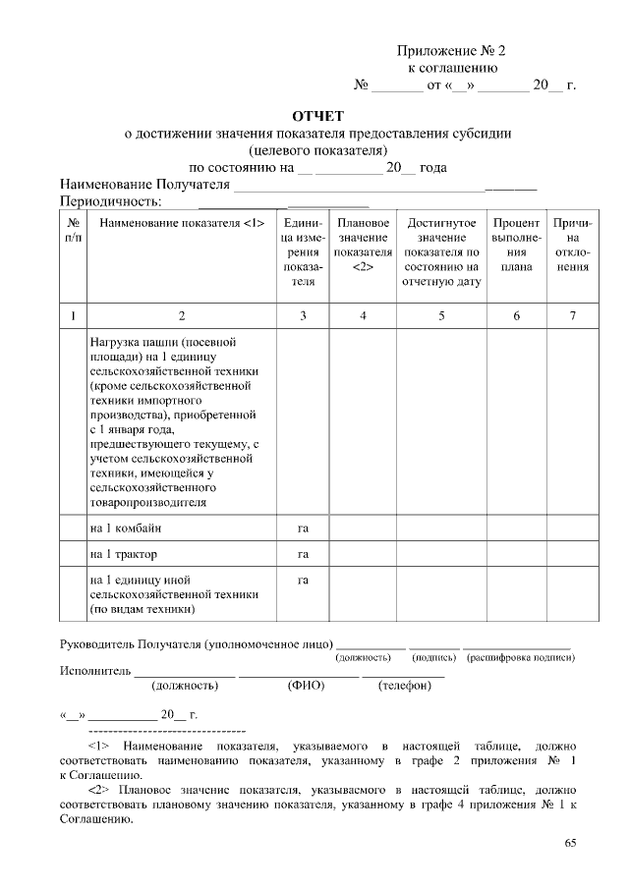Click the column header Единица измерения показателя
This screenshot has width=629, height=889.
(303, 251)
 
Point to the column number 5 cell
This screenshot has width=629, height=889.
(441, 315)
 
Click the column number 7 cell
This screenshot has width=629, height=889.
(572, 315)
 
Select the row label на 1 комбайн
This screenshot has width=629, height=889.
(126, 528)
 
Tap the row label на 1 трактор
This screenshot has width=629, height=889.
(124, 554)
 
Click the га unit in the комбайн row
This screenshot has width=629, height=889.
(303, 528)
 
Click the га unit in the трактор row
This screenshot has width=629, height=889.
(303, 554)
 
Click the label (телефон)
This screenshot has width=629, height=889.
(405, 686)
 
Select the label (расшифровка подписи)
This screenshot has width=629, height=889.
(521, 656)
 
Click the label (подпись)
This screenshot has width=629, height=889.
(434, 656)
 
